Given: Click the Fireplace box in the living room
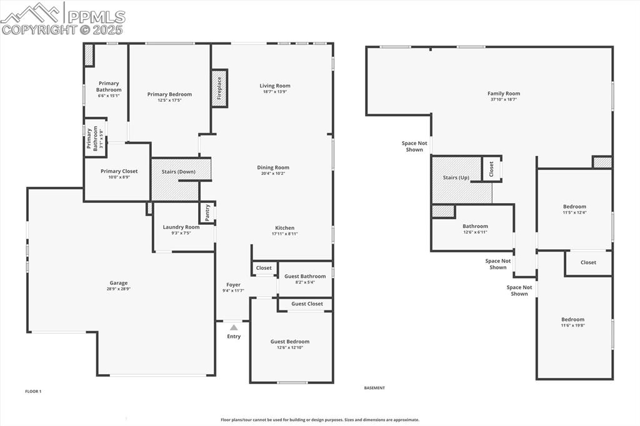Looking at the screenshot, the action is [219, 88].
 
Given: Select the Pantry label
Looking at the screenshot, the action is [207, 213].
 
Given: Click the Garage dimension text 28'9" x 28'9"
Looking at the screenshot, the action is [118, 289].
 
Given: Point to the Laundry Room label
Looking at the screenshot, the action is [181, 227].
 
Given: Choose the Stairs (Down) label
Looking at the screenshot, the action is [178, 172].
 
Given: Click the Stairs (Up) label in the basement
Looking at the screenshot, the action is [456, 177].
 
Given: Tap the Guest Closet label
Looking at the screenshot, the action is [307, 304].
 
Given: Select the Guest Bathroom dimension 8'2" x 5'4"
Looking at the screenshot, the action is [305, 282].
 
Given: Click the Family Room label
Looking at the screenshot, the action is [504, 94].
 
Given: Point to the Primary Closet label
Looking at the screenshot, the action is [119, 171].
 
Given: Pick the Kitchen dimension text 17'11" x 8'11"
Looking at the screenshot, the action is [284, 234].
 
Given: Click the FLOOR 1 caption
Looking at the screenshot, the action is [34, 391].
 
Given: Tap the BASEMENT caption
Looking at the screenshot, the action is [374, 388].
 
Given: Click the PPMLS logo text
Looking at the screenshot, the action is [96, 17].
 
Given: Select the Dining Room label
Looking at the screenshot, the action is [273, 167].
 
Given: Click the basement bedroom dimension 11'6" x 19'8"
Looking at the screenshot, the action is [572, 325].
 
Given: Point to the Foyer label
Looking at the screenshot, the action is [234, 285].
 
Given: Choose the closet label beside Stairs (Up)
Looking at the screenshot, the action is [491, 169].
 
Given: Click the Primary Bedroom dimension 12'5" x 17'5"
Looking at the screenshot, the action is [169, 101].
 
